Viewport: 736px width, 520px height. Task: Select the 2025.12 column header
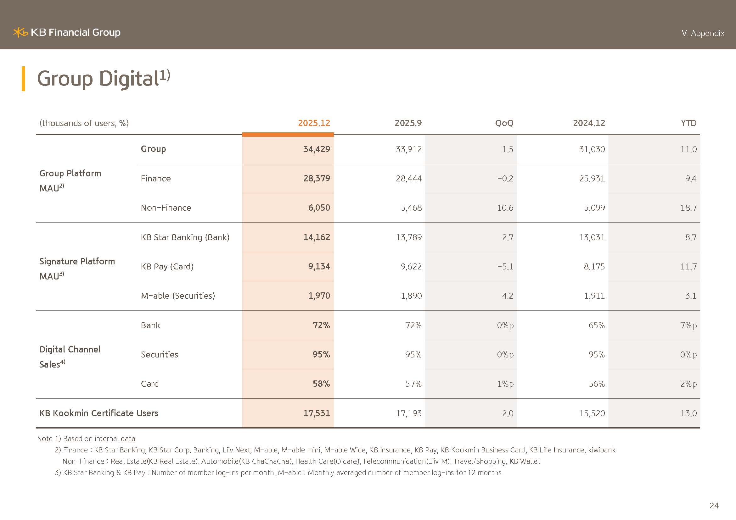click(x=314, y=123)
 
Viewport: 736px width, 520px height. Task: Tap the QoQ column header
click(x=504, y=123)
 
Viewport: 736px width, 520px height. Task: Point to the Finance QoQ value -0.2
click(x=505, y=179)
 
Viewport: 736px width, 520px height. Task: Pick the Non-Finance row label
click(x=166, y=208)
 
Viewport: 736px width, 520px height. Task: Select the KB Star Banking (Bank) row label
click(x=185, y=237)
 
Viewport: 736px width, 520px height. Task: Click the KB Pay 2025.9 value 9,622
click(x=411, y=267)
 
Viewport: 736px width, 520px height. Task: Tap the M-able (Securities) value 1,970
click(x=319, y=296)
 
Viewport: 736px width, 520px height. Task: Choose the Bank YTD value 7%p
click(x=688, y=325)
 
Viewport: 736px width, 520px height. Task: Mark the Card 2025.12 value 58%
click(x=321, y=384)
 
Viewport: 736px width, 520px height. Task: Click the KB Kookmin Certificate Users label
click(x=98, y=413)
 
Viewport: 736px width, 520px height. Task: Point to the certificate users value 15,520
click(x=592, y=413)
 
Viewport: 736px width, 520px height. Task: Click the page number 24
click(x=714, y=506)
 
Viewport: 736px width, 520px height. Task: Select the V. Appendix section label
click(x=703, y=33)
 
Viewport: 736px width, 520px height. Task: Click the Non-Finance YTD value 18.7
click(x=688, y=208)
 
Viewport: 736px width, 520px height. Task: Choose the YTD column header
click(x=688, y=123)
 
